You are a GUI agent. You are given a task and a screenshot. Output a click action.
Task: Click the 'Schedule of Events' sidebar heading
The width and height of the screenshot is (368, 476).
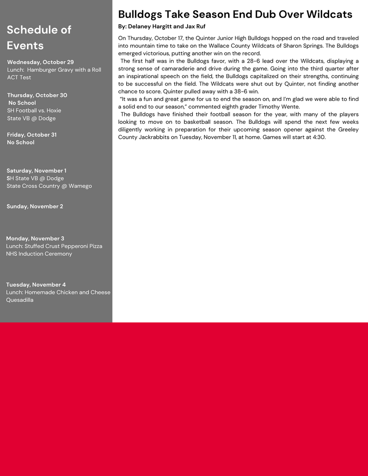39,37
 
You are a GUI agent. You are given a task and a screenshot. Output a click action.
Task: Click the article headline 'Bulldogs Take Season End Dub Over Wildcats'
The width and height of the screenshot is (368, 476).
235,14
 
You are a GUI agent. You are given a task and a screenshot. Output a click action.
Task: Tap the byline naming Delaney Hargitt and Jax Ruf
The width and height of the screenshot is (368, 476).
161,26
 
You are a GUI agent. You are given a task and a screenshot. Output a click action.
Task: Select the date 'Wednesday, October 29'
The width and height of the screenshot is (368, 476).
40,62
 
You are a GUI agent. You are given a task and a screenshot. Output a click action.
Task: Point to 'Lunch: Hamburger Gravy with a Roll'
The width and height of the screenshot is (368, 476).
54,70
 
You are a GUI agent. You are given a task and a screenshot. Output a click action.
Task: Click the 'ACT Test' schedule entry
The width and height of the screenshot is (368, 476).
19,78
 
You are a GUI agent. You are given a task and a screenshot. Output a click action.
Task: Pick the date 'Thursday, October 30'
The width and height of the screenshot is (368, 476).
37,95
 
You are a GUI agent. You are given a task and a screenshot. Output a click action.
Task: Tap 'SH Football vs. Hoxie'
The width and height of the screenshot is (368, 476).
34,111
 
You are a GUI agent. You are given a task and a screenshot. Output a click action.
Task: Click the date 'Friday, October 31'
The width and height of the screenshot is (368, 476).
32,134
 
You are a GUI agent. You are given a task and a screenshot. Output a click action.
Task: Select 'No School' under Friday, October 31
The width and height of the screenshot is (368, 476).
21,142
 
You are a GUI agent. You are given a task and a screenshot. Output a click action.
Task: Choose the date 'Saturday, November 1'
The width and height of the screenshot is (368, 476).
36,171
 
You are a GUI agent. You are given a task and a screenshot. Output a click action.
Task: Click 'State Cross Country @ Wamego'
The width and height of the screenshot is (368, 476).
49,186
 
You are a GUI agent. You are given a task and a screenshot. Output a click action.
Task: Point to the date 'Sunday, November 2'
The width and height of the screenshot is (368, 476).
35,206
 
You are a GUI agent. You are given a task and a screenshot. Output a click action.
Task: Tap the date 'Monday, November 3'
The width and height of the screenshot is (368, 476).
35,238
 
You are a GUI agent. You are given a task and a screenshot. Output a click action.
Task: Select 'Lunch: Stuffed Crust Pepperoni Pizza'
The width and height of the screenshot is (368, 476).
54,246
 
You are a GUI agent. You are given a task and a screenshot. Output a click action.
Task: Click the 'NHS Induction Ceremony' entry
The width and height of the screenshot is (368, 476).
39,254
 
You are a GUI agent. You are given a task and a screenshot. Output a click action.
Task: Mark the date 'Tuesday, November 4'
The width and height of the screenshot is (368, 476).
36,285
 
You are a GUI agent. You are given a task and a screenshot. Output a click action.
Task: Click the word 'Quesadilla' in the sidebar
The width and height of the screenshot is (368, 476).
19,300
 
